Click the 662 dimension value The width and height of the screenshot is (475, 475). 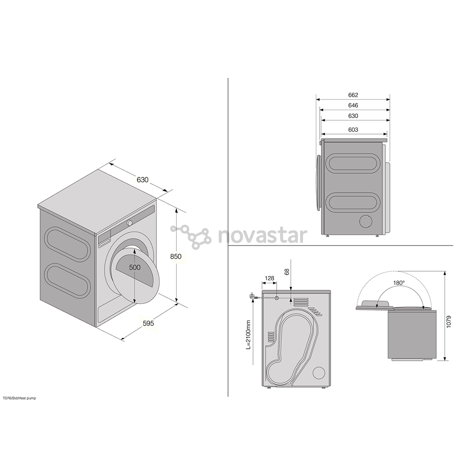(353, 95)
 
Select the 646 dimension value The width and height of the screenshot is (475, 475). (353, 106)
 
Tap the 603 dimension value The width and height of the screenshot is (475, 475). (353, 130)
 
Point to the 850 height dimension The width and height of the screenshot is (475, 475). (175, 256)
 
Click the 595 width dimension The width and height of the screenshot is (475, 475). (149, 323)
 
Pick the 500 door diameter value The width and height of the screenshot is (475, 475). (135, 267)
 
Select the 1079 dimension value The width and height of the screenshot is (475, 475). (449, 322)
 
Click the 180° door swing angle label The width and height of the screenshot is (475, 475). (399, 283)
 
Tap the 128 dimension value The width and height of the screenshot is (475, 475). (269, 278)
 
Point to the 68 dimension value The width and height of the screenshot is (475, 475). (287, 271)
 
